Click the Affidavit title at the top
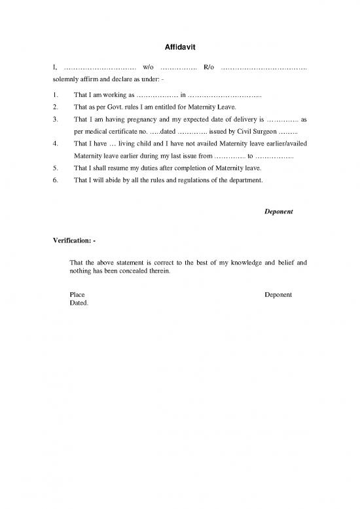click(x=179, y=47)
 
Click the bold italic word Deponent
click(x=278, y=212)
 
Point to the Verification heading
click(x=75, y=240)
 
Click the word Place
click(x=77, y=295)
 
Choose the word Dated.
click(x=78, y=303)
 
